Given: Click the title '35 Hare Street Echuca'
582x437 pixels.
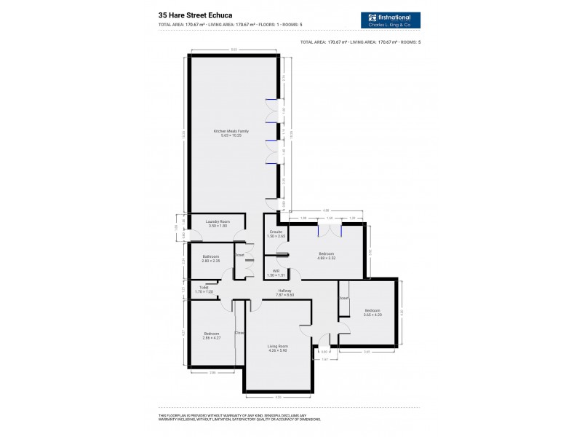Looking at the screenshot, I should tap(196, 13).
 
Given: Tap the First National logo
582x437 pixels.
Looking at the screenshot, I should tap(390, 20).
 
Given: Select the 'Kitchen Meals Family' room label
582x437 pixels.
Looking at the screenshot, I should tap(231, 131).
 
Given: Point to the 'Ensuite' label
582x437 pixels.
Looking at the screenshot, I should tap(276, 232).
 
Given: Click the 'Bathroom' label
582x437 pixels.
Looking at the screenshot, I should tap(211, 256).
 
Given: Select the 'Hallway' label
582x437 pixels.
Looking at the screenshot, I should tap(284, 291).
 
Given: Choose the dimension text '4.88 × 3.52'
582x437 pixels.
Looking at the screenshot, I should tap(326, 258).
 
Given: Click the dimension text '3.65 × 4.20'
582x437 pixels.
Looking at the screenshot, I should tap(373, 315).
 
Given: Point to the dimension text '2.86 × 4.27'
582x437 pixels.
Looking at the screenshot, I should tap(211, 337).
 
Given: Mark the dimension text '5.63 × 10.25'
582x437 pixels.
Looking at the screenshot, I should tap(231, 135).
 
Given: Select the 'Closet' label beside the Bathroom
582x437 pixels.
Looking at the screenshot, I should tap(239, 255).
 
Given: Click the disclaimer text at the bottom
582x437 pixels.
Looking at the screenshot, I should tap(240, 417).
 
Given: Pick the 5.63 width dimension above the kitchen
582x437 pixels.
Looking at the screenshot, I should tap(234, 50).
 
